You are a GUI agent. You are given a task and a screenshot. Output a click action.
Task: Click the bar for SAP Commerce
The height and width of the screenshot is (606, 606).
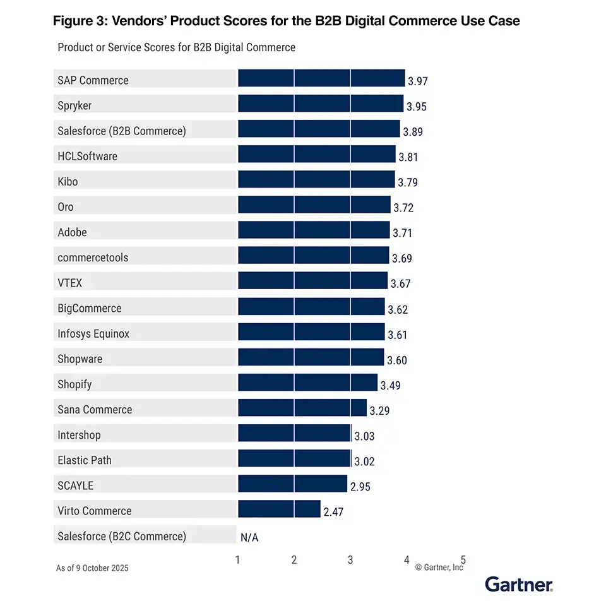(321, 78)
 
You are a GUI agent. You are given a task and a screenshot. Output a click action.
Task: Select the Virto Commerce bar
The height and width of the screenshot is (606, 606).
(279, 509)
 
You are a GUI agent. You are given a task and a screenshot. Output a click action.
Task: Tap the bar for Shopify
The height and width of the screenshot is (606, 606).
(307, 383)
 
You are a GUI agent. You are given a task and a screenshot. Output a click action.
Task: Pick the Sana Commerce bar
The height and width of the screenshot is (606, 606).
(302, 408)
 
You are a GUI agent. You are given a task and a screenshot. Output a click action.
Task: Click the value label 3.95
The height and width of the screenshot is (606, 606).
(417, 107)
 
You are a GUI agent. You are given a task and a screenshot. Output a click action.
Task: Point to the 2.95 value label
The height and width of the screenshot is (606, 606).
(360, 487)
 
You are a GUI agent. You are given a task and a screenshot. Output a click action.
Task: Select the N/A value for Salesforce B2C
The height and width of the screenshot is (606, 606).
(249, 538)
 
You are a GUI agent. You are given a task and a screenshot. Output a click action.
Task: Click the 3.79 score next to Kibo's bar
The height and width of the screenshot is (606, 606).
(407, 183)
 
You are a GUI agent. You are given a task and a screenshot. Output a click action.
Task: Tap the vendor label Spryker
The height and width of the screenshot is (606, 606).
(74, 105)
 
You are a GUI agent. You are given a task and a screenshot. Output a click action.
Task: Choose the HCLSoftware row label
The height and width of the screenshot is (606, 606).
(87, 156)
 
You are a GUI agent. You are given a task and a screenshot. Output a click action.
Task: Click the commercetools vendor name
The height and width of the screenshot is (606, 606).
(93, 258)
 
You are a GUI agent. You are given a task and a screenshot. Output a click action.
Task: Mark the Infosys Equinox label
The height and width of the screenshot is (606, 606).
(93, 333)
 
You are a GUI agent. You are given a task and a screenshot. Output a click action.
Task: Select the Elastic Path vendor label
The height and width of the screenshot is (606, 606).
(85, 460)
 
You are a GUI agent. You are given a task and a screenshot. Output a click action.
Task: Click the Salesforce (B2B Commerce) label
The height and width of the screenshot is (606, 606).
(122, 131)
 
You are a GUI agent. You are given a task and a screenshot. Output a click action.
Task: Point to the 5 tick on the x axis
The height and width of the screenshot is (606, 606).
(463, 559)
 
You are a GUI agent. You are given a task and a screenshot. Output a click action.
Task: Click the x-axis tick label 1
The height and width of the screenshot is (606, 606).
(238, 559)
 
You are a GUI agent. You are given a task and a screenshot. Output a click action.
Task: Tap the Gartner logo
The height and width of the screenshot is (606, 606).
(519, 585)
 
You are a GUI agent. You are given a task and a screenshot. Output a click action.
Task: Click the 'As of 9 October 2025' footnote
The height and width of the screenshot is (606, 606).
(92, 568)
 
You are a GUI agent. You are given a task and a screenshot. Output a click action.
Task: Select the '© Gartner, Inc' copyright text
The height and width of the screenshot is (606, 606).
(439, 568)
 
